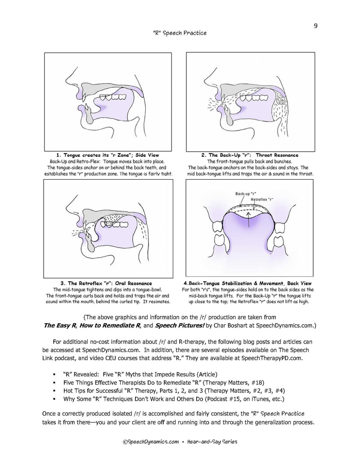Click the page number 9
tap(316, 25)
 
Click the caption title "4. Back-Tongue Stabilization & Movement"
tap(251, 283)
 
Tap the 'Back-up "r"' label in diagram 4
tap(243, 194)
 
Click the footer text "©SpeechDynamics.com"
tap(149, 443)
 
